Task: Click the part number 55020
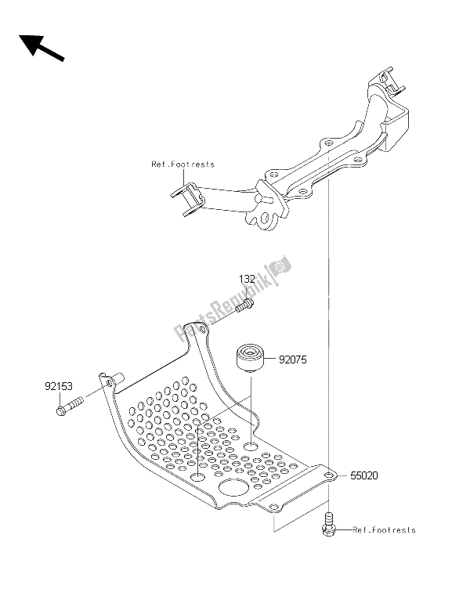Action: [357, 475]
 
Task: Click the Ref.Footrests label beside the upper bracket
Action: [183, 164]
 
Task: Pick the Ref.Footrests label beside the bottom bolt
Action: [384, 530]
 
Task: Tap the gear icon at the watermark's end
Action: [281, 268]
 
